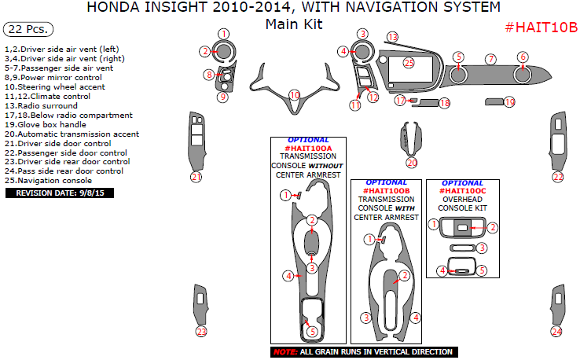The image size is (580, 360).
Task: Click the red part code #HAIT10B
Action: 540,27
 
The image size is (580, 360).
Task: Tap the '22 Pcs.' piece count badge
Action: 28,30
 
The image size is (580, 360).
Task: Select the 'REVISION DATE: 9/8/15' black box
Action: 60,192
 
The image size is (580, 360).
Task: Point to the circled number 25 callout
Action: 408,62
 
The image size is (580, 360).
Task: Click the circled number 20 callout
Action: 412,163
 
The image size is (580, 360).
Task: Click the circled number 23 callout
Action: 201,332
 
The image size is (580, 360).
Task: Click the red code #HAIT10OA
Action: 310,148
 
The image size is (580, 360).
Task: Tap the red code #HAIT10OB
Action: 387,190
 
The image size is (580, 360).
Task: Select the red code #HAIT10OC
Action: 463,190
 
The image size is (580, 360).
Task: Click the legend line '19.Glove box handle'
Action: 45,124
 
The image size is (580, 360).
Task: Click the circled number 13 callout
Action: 392,37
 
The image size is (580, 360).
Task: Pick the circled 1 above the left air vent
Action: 224,34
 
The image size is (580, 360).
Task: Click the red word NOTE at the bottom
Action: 284,351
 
